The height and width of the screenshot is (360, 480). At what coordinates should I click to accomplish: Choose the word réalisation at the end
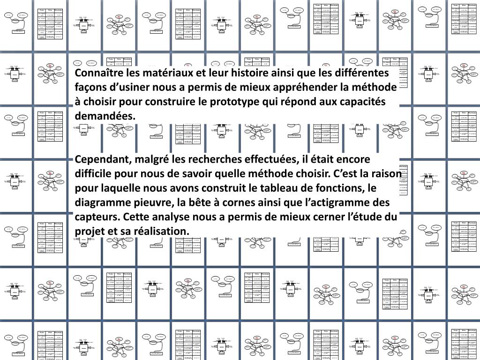162,232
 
